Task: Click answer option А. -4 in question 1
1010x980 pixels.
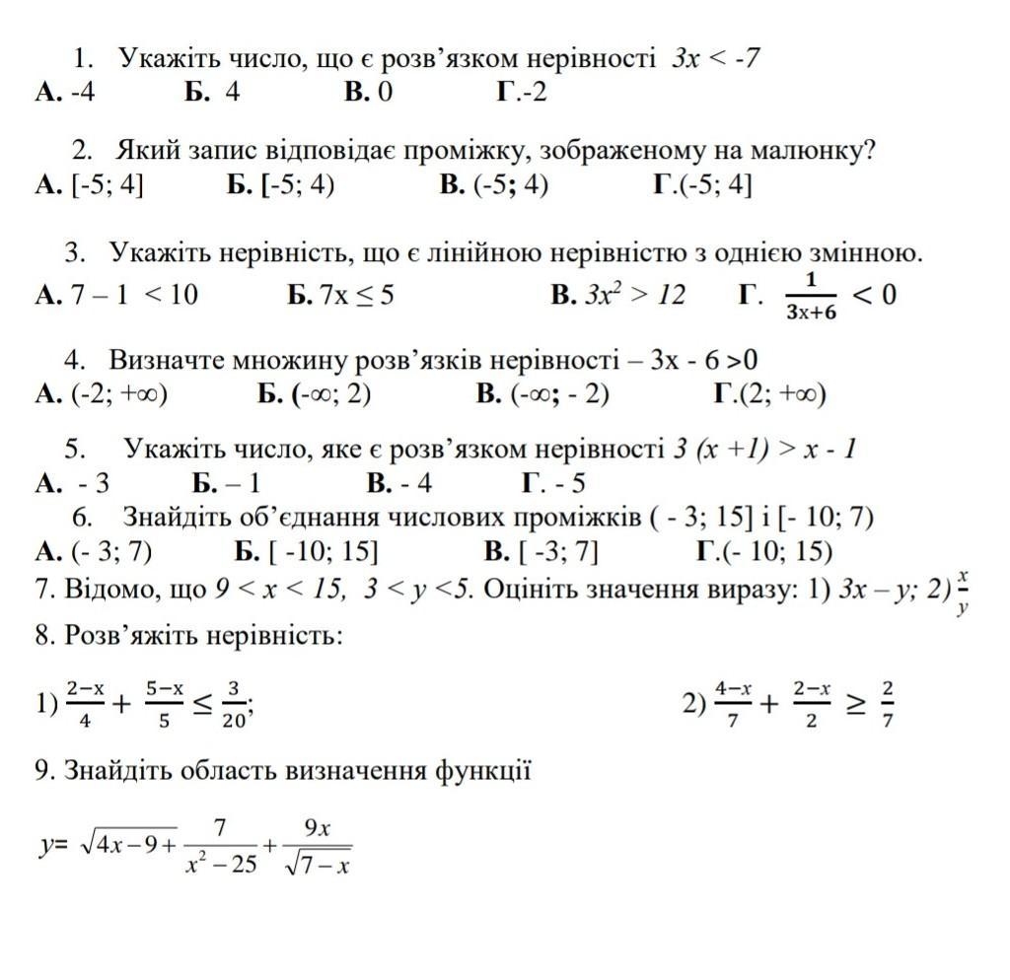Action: [66, 93]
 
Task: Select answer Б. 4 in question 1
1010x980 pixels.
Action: [212, 93]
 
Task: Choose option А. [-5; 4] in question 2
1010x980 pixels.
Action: [89, 185]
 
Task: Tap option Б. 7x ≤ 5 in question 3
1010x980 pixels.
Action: [341, 294]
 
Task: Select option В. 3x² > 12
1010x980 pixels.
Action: [617, 294]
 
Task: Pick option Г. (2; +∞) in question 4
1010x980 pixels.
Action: [769, 394]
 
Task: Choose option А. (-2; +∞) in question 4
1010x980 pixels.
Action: [102, 394]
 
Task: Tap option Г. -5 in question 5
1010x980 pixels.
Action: [553, 483]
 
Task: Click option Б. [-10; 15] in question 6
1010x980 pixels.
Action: [307, 550]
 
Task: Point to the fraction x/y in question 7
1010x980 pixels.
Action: [963, 592]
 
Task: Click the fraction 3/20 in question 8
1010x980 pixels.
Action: [234, 703]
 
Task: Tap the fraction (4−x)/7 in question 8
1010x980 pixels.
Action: [734, 703]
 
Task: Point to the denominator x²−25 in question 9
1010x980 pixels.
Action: [221, 865]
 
